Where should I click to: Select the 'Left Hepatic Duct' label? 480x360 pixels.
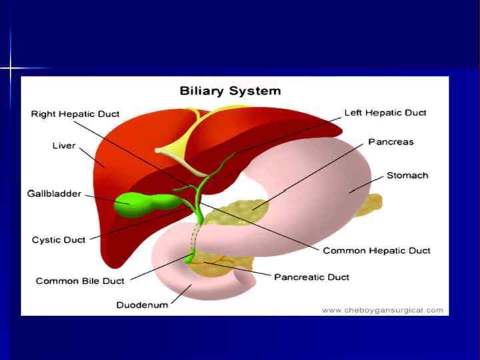coord(385,113)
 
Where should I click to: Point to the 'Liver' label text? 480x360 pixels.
coord(64,145)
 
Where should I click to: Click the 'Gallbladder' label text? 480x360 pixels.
coord(54,193)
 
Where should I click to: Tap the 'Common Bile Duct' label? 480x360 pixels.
coord(80,281)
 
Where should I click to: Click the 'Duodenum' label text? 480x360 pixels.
coord(142,305)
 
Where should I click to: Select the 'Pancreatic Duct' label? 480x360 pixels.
coord(311,277)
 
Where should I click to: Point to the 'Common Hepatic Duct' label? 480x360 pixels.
coord(377,251)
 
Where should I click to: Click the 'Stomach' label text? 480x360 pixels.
coord(407,175)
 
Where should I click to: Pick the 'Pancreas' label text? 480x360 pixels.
coord(391,142)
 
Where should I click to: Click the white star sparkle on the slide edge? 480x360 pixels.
coord(11,68)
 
